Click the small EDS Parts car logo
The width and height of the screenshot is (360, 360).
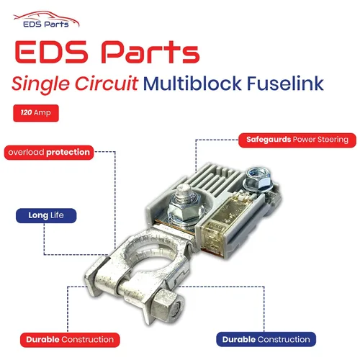coord(46,19)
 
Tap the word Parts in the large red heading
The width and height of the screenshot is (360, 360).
coord(150,52)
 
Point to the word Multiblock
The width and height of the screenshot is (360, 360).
coord(192,84)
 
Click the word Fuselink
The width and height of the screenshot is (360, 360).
coord(285,84)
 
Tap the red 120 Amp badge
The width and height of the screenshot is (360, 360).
coord(36,113)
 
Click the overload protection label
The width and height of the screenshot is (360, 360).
coord(49,153)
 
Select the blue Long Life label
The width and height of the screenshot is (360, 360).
coord(46,215)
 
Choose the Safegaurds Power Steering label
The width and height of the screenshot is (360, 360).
coord(297,140)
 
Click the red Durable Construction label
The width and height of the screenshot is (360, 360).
coord(70,340)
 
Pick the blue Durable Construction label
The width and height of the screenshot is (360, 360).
coord(266,339)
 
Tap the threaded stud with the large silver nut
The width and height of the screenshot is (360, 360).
coord(186,204)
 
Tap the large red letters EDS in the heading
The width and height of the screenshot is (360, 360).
coord(51,52)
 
